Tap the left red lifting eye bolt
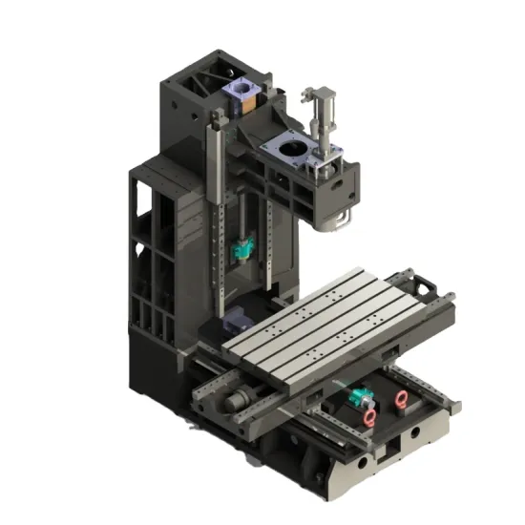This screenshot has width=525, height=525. [369, 417]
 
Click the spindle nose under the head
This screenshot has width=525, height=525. [336, 221]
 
